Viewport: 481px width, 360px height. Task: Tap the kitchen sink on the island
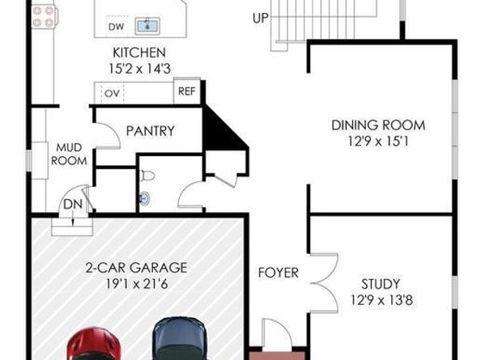pyautogui.click(x=147, y=26)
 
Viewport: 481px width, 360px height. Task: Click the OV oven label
pyautogui.click(x=111, y=92)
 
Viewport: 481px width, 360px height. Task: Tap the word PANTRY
pyautogui.click(x=151, y=131)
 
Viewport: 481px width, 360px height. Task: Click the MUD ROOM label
pyautogui.click(x=69, y=155)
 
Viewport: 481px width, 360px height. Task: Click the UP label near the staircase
pyautogui.click(x=261, y=17)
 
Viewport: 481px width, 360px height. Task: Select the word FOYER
pyautogui.click(x=279, y=273)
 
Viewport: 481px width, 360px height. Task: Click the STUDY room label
pyautogui.click(x=379, y=284)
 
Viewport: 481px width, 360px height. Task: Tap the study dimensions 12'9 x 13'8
pyautogui.click(x=379, y=299)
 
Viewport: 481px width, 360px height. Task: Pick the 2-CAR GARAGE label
pyautogui.click(x=136, y=268)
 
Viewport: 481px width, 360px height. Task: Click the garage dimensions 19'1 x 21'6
pyautogui.click(x=136, y=283)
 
